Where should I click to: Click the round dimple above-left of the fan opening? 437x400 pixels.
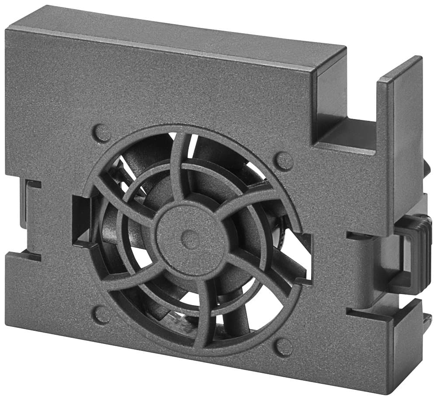click(102, 133)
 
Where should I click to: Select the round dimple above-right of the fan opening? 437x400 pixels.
click(284, 161)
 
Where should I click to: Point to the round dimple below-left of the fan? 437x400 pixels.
click(102, 314)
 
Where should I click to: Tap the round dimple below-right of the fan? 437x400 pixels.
click(284, 347)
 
